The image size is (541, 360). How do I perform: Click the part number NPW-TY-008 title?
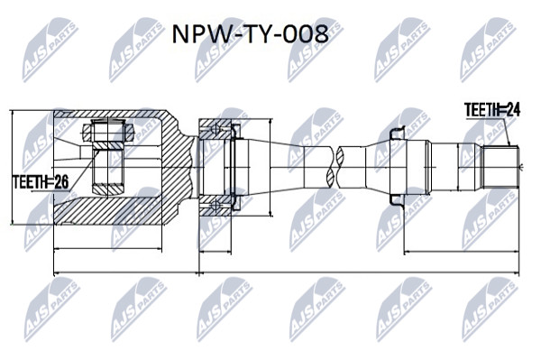coord(250,33)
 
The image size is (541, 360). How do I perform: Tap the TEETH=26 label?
coord(41,182)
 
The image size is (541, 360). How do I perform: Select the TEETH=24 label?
coord(492,110)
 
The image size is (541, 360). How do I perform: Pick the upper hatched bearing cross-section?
coord(215,129)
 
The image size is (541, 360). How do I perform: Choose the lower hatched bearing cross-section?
coord(215,206)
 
